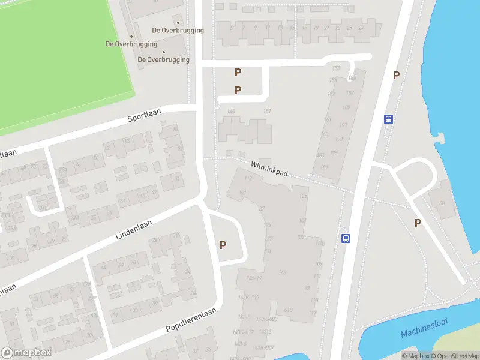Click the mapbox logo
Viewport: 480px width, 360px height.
click(26, 353)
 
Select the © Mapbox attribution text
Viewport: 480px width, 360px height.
click(416, 356)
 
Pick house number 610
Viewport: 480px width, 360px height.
click(288, 310)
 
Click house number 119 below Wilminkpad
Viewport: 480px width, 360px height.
click(248, 178)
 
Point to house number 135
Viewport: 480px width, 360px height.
click(304, 196)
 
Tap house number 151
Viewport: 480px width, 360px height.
click(268, 112)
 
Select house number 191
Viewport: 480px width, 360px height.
click(343, 125)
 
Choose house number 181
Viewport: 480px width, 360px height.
click(324, 167)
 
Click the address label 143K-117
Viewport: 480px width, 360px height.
click(248, 298)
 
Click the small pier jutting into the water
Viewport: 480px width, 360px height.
click(441, 139)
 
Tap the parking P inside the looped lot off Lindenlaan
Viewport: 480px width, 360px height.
click(223, 245)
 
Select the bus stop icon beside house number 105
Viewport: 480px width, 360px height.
click(346, 238)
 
